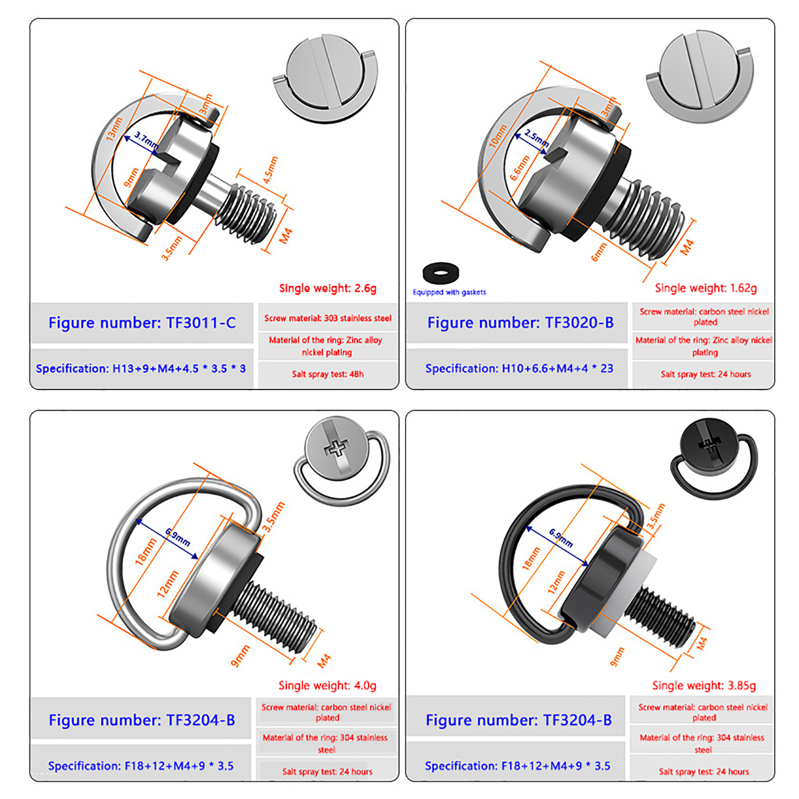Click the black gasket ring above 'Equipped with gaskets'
440,273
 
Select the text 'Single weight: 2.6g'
328,288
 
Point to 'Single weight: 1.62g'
706,288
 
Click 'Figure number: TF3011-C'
142,323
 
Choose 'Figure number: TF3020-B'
520,323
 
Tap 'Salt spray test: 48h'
328,374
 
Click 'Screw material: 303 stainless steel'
328,318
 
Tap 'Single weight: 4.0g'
328,686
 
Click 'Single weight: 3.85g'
704,686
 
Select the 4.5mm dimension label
270,170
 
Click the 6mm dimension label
599,252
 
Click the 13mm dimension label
114,128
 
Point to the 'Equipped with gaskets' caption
449,292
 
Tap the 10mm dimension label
498,135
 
